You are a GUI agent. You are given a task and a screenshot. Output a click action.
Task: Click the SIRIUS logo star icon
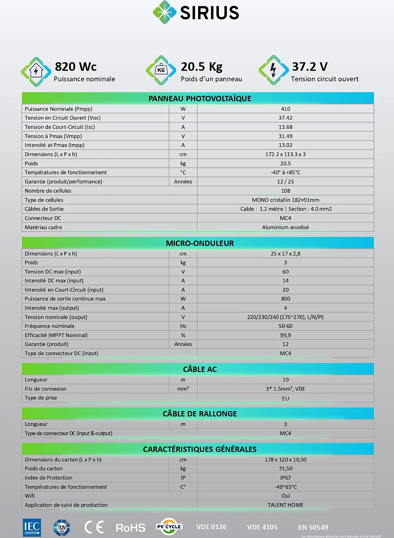coord(164,12)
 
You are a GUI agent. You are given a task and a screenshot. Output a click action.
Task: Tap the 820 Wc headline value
coord(76,67)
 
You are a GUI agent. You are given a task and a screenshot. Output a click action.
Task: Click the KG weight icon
coord(161,70)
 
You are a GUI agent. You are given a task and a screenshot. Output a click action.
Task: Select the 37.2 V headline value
coord(310,67)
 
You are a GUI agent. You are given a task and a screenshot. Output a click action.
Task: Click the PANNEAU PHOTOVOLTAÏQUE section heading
coord(200,98)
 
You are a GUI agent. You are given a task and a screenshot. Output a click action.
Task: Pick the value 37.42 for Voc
coord(285,118)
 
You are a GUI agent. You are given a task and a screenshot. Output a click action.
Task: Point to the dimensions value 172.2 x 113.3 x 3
coord(285,154)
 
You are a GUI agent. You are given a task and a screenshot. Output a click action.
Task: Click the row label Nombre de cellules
coord(48,191)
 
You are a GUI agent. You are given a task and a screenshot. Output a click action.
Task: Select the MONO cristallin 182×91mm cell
coord(285,200)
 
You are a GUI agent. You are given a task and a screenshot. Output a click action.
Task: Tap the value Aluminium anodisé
coord(285,227)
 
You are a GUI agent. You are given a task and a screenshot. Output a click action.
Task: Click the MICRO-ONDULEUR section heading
coord(200,243)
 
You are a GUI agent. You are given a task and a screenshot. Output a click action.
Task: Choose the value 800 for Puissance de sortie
coord(285,299)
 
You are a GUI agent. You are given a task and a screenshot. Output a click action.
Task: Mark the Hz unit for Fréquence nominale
coord(183,326)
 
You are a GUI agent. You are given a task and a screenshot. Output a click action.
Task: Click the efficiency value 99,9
coord(285,335)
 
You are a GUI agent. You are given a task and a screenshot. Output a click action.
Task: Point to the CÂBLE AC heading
coord(200,369)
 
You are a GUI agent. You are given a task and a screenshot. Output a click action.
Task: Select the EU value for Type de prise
coord(285,399)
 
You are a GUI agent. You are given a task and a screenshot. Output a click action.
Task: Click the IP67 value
coord(285,478)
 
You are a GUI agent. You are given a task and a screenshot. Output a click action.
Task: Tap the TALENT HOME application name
coord(285,505)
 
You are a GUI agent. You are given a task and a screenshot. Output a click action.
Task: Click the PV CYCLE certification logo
coord(169,527)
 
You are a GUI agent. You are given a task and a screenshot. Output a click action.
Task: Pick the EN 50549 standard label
coord(313,528)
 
